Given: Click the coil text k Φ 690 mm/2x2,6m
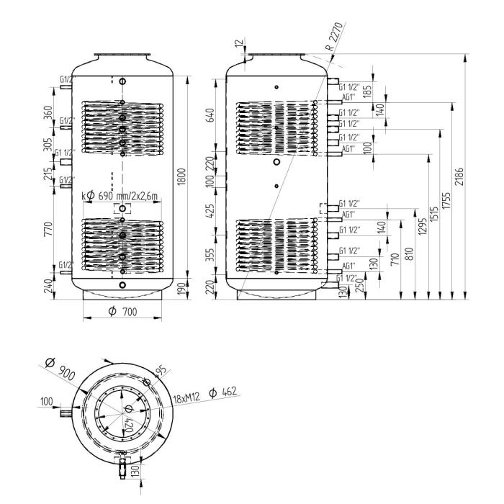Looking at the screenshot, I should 120,196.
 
